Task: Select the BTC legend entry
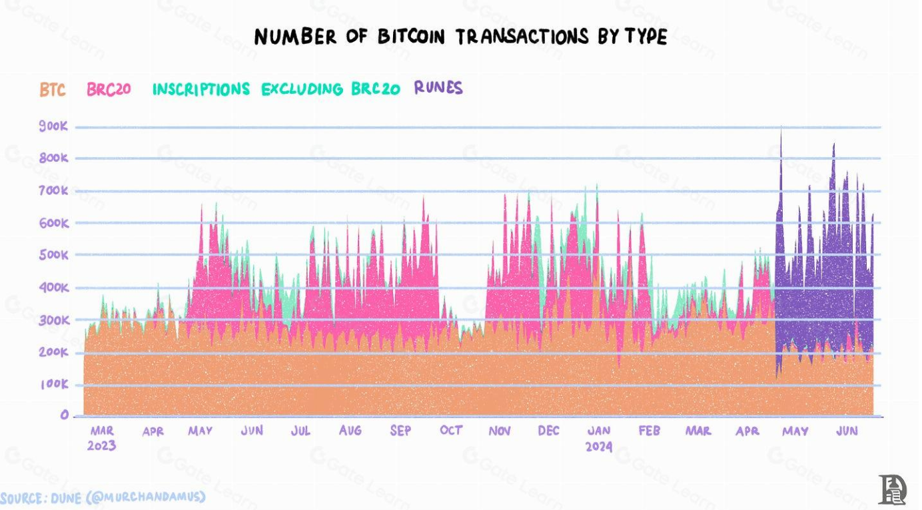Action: click(53, 90)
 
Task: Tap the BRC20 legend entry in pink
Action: click(108, 90)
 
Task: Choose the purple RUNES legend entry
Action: click(438, 88)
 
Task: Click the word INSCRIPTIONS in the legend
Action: click(201, 89)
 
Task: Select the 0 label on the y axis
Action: click(65, 415)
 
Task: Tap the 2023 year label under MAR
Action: click(101, 446)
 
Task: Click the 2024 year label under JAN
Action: click(599, 446)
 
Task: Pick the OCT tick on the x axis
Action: click(451, 431)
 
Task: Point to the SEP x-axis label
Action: click(400, 431)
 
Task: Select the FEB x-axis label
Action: click(649, 431)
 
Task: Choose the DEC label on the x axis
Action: click(548, 431)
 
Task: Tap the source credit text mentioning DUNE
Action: click(103, 497)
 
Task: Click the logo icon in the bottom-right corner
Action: click(892, 489)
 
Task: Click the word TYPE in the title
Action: click(645, 37)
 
